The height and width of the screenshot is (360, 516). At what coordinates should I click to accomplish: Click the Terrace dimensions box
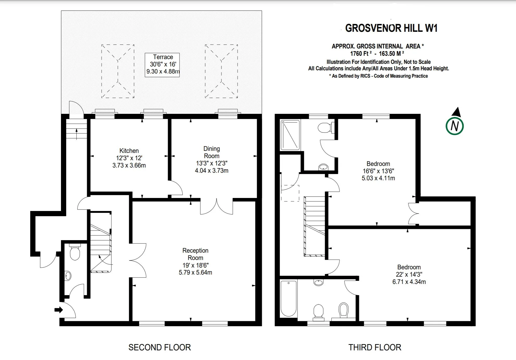click(162, 65)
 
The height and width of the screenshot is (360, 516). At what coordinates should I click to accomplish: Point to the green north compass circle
click(455, 126)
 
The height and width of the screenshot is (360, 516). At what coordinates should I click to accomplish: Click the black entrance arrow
click(59, 310)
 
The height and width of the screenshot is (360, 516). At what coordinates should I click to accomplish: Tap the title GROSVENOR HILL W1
click(391, 28)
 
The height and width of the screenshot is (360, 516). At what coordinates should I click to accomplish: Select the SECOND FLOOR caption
click(160, 347)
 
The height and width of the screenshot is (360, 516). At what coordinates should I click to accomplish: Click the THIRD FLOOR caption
click(375, 347)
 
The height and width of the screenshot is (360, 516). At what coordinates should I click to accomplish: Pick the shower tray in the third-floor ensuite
click(290, 135)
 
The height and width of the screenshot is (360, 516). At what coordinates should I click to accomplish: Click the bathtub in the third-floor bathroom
click(289, 299)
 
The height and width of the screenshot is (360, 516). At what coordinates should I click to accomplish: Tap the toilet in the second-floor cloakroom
click(75, 252)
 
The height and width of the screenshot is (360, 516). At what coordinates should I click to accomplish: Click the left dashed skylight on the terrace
click(118, 71)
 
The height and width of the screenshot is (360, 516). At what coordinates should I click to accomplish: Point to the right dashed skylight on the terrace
click(221, 71)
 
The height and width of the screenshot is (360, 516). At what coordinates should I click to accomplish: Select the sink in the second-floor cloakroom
click(68, 276)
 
